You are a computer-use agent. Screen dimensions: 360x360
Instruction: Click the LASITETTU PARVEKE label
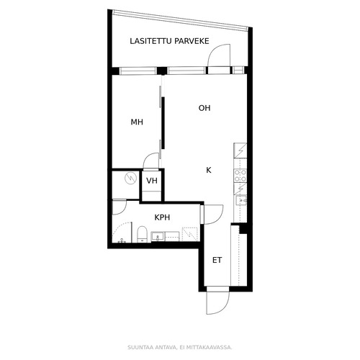pyautogui.click(x=169, y=41)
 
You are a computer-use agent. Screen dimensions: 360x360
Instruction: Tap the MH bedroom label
pyautogui.click(x=137, y=122)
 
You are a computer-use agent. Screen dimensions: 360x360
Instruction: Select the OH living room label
pyautogui.click(x=204, y=108)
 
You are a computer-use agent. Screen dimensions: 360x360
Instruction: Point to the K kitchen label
pyautogui.click(x=209, y=170)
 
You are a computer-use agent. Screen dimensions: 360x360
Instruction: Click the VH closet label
pyautogui.click(x=152, y=181)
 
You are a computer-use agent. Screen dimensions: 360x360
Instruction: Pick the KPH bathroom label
pyautogui.click(x=162, y=217)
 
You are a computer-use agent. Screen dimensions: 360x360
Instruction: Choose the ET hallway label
pyautogui.click(x=217, y=260)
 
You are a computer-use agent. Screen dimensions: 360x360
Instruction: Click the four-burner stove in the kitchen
pyautogui.click(x=240, y=176)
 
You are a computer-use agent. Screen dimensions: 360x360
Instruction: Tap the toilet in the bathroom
pyautogui.click(x=142, y=234)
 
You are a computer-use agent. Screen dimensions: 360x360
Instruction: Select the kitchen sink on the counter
pyautogui.click(x=240, y=201)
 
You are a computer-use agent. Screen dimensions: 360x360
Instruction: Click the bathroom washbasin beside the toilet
pyautogui.click(x=158, y=236)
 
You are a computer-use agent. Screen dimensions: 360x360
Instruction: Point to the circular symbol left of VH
pyautogui.click(x=131, y=179)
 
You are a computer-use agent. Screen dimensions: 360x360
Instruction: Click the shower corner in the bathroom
pyautogui.click(x=122, y=233)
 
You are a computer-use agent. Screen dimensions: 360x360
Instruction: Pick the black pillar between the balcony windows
pyautogui.click(x=162, y=71)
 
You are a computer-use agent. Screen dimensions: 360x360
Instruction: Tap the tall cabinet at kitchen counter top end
pyautogui.click(x=240, y=151)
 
